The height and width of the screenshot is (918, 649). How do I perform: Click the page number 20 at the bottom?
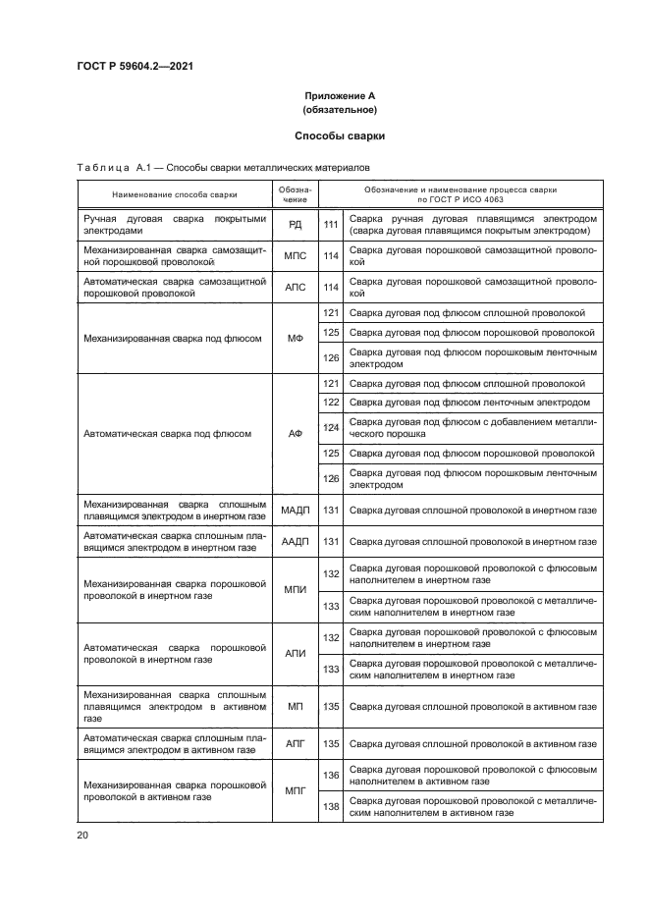click(x=82, y=835)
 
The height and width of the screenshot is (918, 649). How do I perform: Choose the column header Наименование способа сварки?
click(x=175, y=193)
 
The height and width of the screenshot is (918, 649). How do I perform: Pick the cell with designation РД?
click(x=295, y=225)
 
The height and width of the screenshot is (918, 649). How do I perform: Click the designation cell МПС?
click(x=295, y=257)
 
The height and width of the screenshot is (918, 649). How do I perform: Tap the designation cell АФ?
click(x=295, y=432)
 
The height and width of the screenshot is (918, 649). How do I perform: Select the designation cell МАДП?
click(x=295, y=511)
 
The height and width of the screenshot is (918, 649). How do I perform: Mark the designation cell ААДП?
click(x=295, y=541)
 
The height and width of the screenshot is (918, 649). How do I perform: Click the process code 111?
click(x=331, y=225)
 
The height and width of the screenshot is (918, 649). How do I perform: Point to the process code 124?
click(x=331, y=427)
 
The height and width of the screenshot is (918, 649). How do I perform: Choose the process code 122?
click(x=331, y=403)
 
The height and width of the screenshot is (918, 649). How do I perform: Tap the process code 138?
click(x=331, y=807)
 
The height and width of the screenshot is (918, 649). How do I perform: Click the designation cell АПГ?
click(x=295, y=744)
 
